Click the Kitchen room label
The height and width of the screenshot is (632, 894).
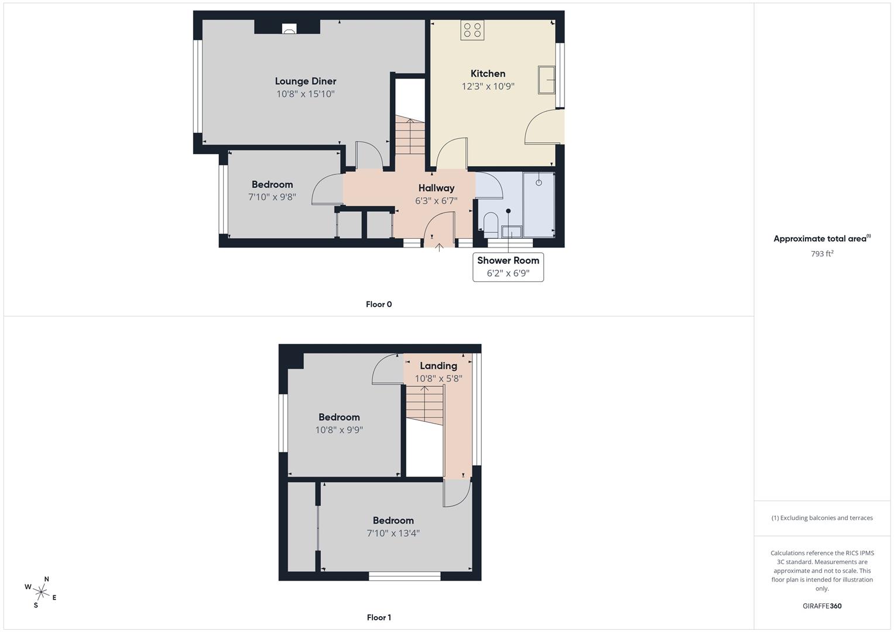click(488, 73)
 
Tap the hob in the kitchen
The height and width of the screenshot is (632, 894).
click(472, 30)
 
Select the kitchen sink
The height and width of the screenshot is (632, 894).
click(546, 80)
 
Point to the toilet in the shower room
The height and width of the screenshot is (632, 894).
click(491, 225)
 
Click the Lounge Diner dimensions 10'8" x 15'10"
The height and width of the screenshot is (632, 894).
click(305, 94)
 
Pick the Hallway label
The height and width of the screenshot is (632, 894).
click(436, 188)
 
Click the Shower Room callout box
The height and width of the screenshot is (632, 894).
click(508, 267)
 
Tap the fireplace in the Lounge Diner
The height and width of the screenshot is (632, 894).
click(289, 29)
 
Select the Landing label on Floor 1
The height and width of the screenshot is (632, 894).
click(439, 366)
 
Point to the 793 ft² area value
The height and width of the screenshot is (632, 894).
click(822, 254)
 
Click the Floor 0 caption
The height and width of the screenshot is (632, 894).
click(379, 304)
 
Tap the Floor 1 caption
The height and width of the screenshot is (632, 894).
click(379, 617)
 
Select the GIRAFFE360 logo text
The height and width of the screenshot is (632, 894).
click(822, 606)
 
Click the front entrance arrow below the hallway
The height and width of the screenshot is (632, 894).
click(439, 248)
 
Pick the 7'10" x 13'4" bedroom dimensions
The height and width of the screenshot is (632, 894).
click(393, 534)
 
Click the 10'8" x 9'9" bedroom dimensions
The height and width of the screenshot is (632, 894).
click(339, 430)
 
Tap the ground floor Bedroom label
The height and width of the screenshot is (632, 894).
click(272, 185)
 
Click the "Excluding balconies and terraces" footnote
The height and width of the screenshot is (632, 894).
click(822, 518)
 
